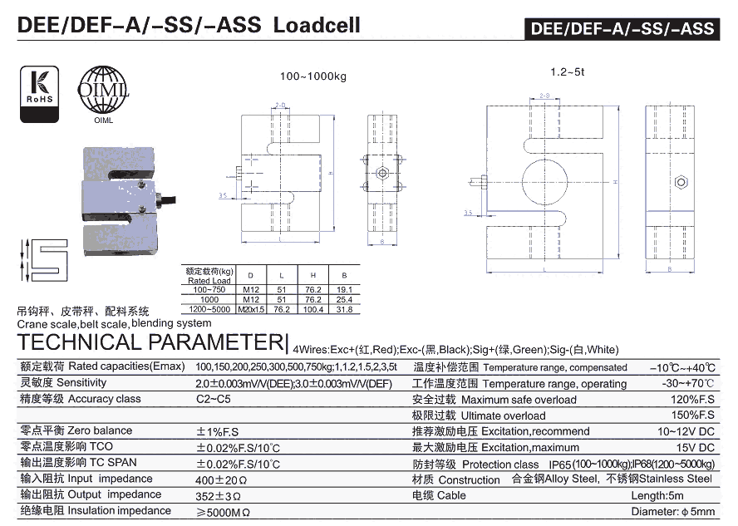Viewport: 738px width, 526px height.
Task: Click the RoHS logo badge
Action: click(38, 95)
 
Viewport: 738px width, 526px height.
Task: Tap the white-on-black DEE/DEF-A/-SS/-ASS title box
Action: click(622, 28)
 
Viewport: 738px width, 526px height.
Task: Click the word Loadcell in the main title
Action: click(316, 25)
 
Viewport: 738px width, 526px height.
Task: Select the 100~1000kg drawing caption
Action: click(312, 76)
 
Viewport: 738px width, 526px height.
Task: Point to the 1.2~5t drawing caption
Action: click(567, 72)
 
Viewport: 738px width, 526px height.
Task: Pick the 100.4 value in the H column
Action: click(312, 309)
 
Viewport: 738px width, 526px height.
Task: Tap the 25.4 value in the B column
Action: click(344, 299)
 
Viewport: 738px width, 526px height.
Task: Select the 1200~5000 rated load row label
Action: click(211, 309)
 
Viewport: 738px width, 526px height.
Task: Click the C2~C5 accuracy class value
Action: click(214, 400)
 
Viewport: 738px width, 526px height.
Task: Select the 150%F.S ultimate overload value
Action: click(693, 415)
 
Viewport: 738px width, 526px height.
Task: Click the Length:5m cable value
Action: click(685, 496)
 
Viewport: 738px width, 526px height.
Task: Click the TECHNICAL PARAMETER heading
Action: click(149, 342)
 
